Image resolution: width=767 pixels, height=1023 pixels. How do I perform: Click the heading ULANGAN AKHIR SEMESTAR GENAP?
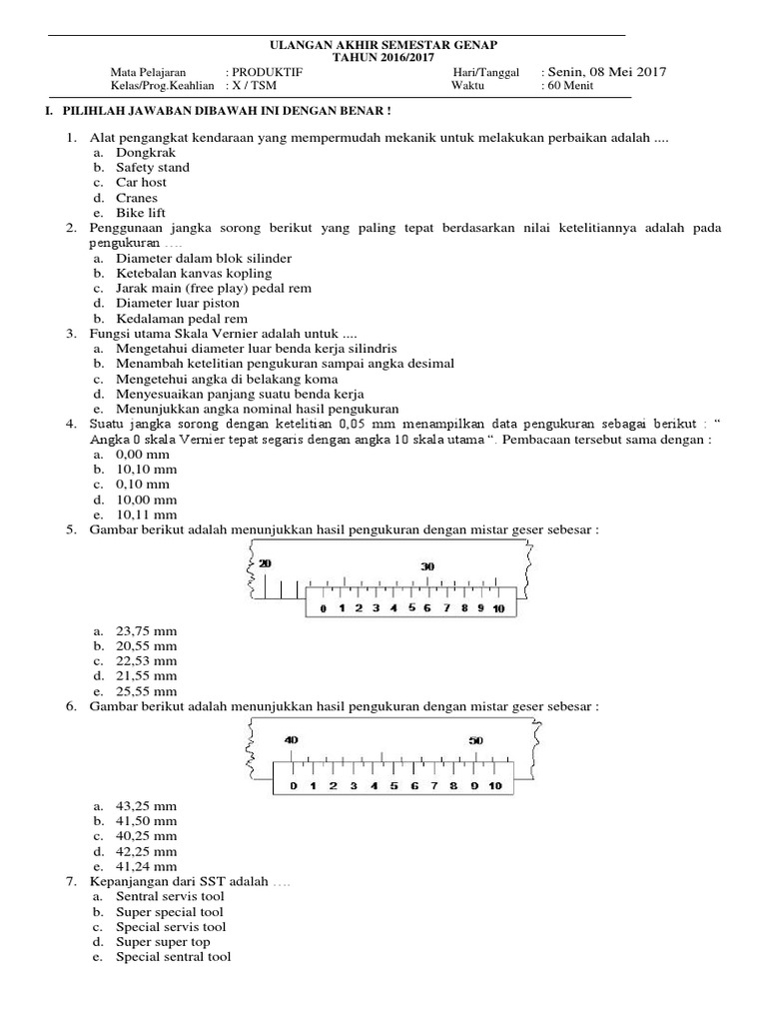[x=384, y=46]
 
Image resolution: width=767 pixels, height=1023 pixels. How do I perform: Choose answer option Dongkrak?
[x=146, y=152]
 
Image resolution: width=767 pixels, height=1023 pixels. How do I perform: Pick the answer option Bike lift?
[x=141, y=213]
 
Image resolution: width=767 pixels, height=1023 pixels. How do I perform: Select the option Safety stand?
[x=152, y=167]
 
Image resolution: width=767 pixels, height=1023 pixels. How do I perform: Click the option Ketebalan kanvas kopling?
[x=193, y=273]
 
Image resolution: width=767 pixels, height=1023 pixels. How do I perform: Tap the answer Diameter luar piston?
[x=178, y=303]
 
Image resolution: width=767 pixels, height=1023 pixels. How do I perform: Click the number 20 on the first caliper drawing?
[x=265, y=564]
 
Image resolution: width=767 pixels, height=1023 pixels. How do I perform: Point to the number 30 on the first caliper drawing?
[x=427, y=566]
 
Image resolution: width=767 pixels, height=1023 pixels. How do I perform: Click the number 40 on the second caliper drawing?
[x=292, y=740]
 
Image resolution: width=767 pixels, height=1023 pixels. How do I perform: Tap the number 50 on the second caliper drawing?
[x=475, y=740]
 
